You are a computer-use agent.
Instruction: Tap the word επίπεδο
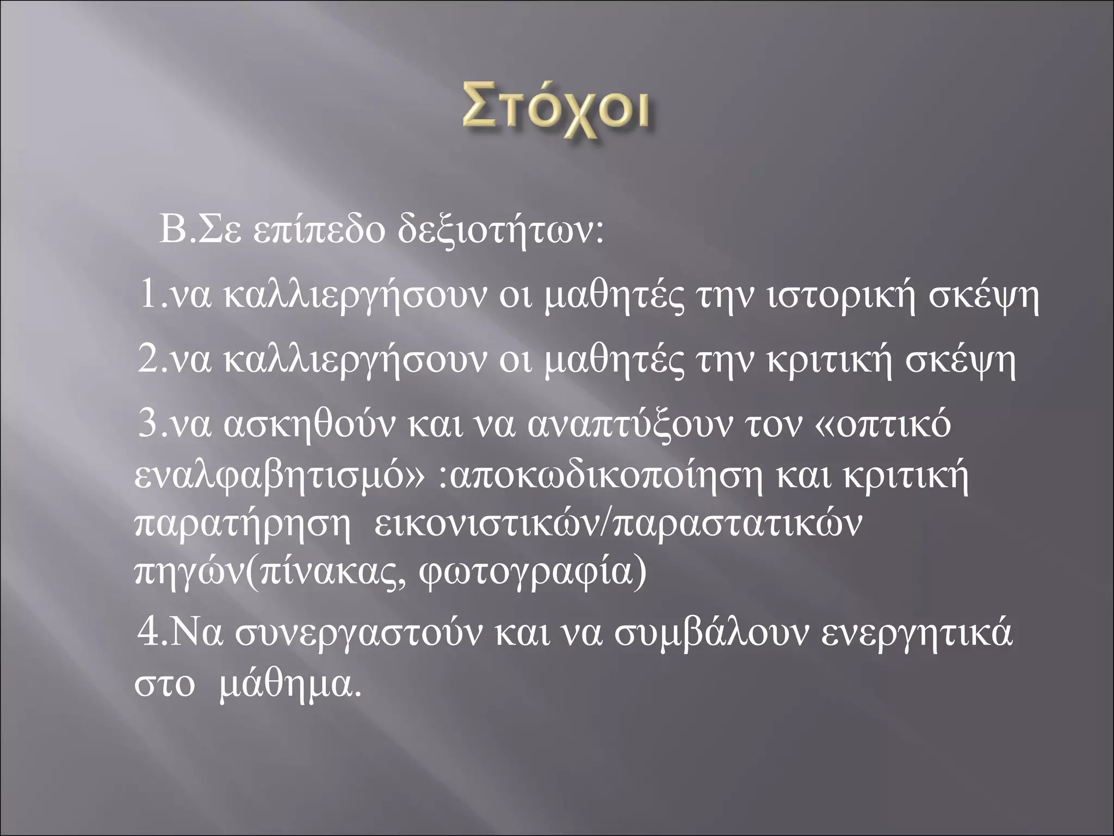coord(318,233)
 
